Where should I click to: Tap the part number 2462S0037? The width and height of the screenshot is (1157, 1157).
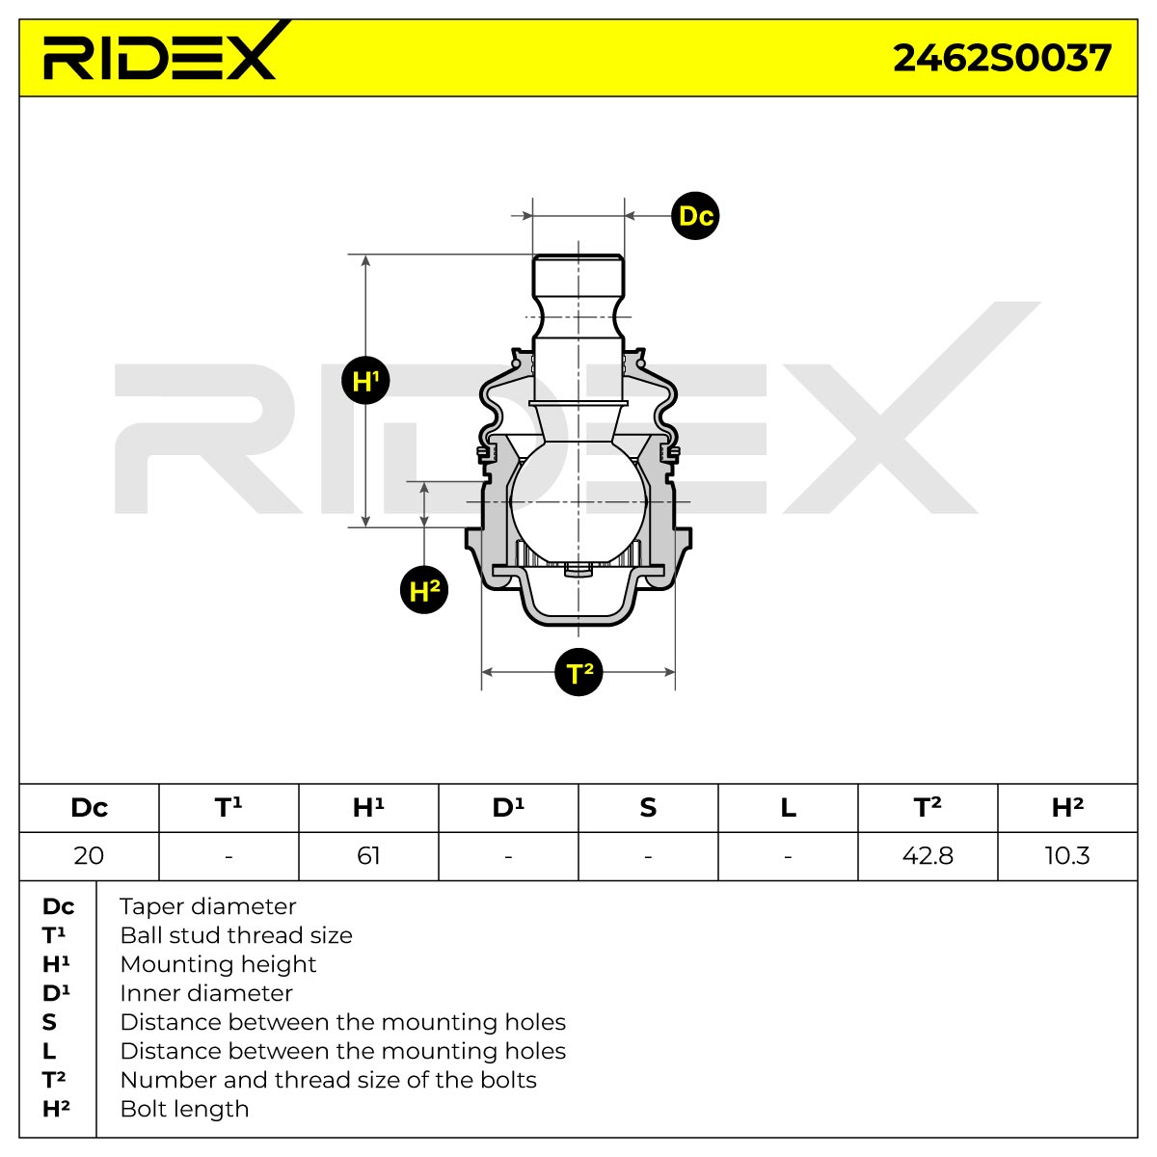pyautogui.click(x=1002, y=59)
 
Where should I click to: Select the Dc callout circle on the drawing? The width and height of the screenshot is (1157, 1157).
pyautogui.click(x=695, y=216)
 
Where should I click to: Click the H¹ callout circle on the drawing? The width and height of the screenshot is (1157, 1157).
pyautogui.click(x=365, y=380)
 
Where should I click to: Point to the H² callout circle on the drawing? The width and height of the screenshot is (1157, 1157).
pyautogui.click(x=424, y=590)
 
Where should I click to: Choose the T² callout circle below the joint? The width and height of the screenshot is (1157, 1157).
pyautogui.click(x=578, y=672)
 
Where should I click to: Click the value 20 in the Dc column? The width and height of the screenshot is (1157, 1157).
pyautogui.click(x=89, y=855)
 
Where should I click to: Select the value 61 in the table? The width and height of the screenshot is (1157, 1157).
pyautogui.click(x=368, y=855)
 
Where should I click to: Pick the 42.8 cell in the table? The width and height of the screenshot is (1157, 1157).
pyautogui.click(x=928, y=855)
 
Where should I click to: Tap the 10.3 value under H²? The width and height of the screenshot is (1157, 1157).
pyautogui.click(x=1067, y=855)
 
